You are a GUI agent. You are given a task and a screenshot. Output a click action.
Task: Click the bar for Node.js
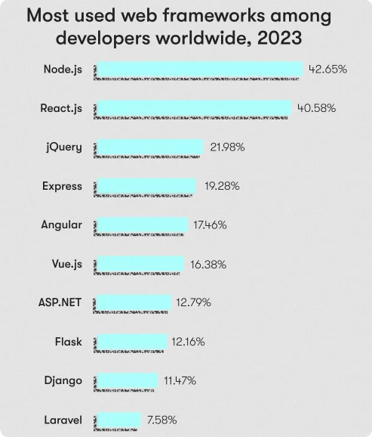click(200, 70)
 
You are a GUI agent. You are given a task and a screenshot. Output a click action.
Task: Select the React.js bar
click(194, 108)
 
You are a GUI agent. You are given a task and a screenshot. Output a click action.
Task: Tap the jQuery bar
click(150, 147)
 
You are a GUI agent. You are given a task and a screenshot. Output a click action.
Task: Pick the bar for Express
click(146, 186)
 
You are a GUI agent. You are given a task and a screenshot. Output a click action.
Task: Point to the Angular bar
click(142, 225)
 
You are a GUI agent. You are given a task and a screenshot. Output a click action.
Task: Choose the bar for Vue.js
click(140, 264)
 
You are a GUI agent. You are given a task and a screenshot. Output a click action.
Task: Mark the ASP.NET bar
click(133, 302)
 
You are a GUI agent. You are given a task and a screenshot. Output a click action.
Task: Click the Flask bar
click(131, 342)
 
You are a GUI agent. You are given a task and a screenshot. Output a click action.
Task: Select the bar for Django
click(128, 380)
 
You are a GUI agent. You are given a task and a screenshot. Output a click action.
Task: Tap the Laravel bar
click(119, 420)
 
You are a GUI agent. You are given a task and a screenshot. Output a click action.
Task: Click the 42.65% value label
click(327, 70)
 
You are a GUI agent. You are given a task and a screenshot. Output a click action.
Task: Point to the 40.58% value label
click(316, 108)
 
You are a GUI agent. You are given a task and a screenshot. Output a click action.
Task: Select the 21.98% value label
click(227, 147)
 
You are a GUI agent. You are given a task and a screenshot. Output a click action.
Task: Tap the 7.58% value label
click(161, 420)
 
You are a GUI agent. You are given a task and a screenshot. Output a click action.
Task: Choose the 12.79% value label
click(193, 302)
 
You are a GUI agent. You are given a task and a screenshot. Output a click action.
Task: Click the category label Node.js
click(63, 70)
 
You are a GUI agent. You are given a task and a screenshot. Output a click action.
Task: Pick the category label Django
click(63, 380)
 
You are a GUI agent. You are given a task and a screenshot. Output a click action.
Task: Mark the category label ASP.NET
click(60, 302)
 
